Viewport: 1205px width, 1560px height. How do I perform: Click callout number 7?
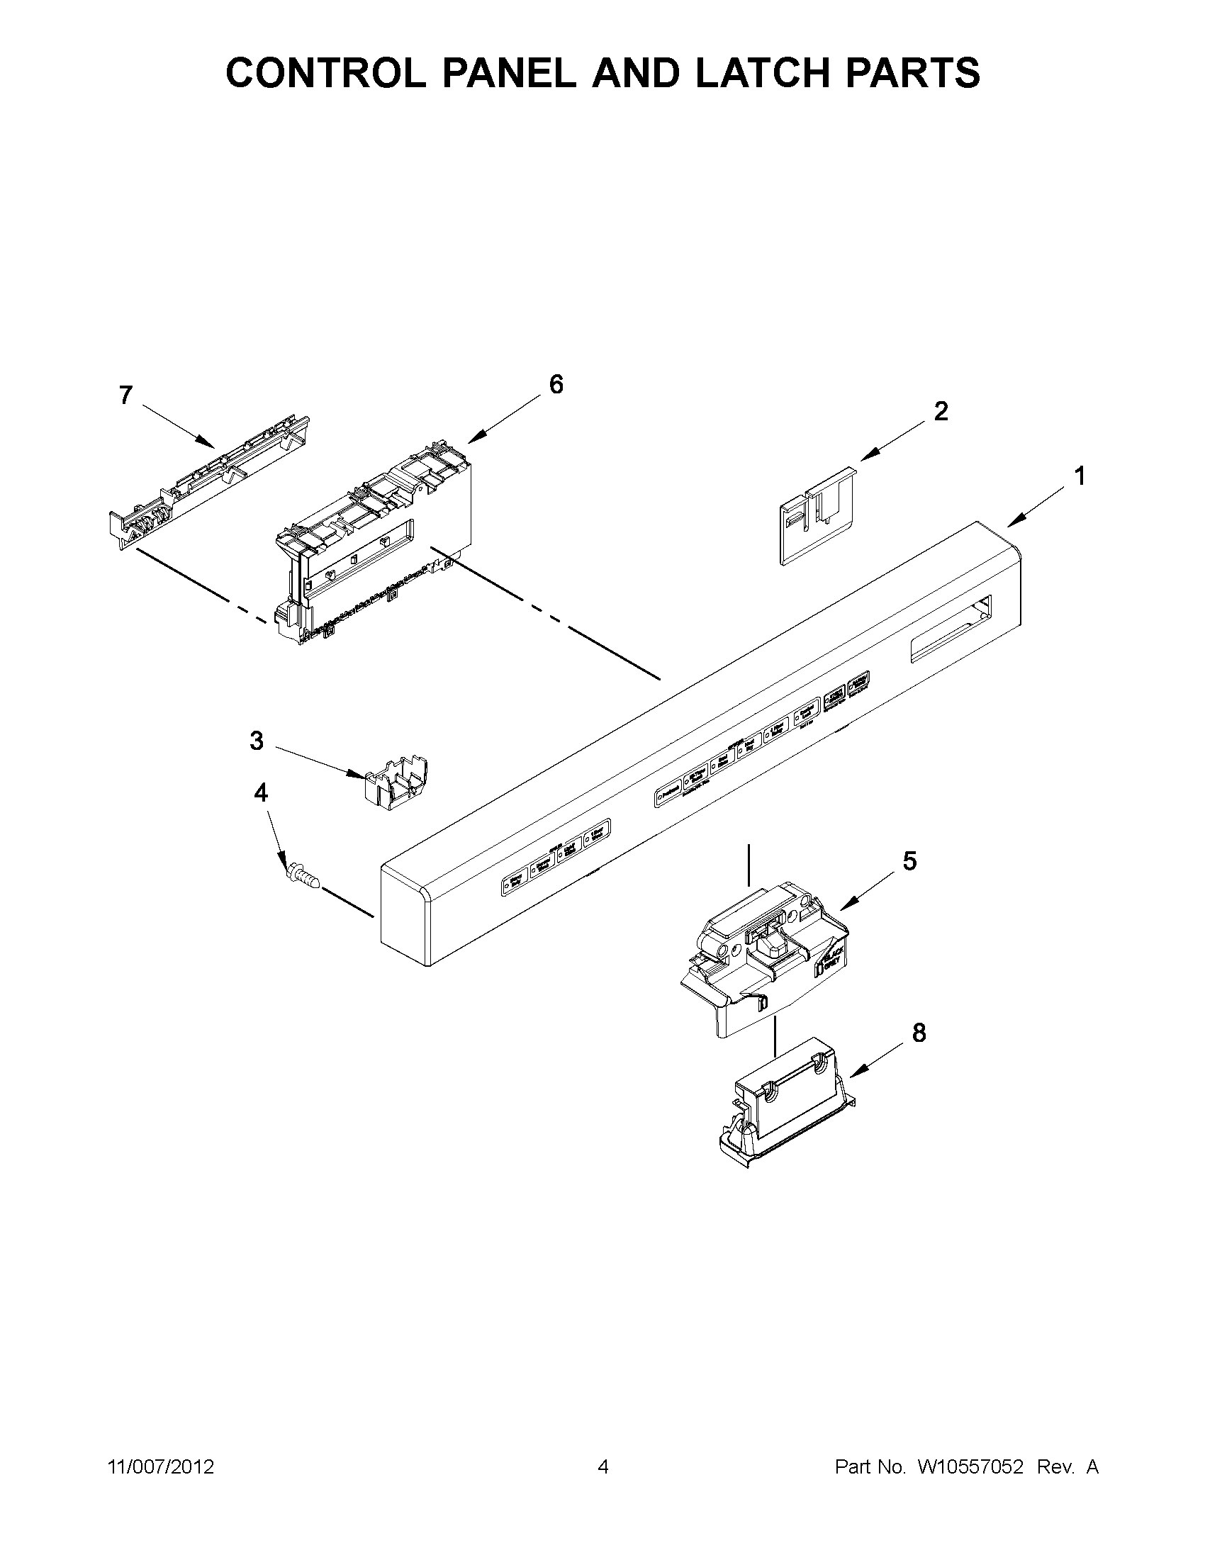(x=125, y=395)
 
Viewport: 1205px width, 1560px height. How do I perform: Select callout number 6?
(x=556, y=385)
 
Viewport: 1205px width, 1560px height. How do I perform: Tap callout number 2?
(x=941, y=411)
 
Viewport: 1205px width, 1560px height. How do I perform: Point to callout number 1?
(x=1080, y=476)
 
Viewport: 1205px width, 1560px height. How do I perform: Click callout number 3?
(x=257, y=741)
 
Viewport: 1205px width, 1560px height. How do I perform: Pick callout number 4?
(x=262, y=792)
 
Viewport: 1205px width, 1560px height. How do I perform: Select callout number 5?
(x=909, y=861)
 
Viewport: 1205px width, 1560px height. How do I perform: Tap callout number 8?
(x=919, y=1033)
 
